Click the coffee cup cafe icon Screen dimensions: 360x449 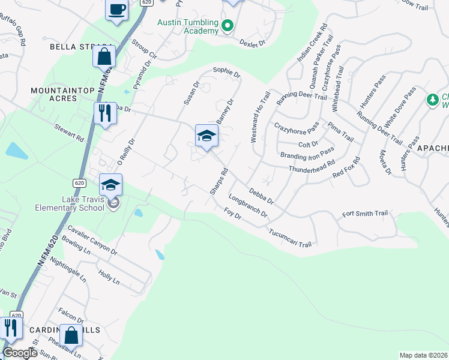(x=116, y=10)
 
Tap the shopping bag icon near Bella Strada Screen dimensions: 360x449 (x=104, y=57)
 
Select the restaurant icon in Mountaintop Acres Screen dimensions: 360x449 (x=104, y=112)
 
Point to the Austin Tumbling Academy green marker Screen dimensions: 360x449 (x=227, y=26)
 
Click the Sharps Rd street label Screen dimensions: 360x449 (x=218, y=180)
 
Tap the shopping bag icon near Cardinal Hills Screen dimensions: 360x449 (x=71, y=335)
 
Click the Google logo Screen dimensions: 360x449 (x=20, y=353)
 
